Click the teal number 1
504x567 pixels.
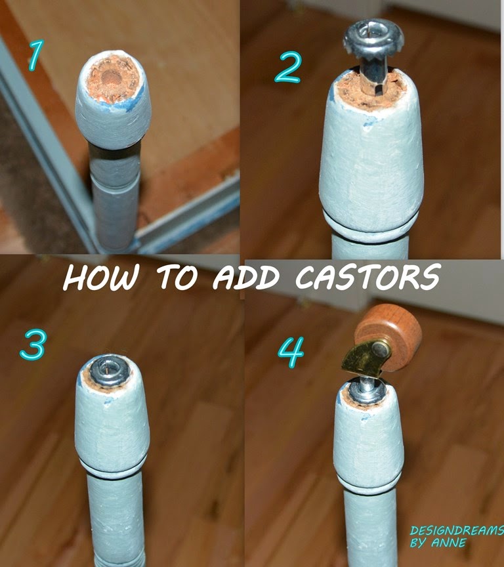36,55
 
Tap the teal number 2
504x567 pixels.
287,67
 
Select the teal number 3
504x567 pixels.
33,345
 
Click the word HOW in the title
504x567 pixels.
101,278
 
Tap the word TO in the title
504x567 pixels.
177,278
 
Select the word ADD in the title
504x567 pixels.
246,278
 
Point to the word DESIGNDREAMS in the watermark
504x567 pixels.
457,530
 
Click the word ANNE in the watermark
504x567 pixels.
449,543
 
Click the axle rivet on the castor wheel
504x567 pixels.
379,349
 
